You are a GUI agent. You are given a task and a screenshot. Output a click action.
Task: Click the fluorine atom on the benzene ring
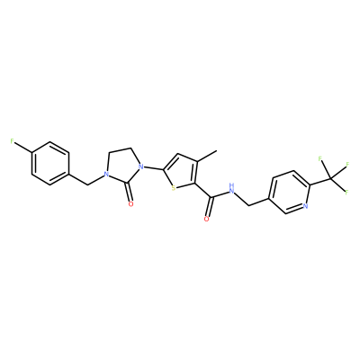pyautogui.click(x=12, y=141)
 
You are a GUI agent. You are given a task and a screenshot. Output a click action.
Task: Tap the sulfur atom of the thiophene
pyautogui.click(x=174, y=188)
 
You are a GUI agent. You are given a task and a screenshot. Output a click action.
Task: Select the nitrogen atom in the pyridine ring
pyautogui.click(x=305, y=206)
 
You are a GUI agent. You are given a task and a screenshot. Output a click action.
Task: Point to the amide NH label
pyautogui.click(x=231, y=187)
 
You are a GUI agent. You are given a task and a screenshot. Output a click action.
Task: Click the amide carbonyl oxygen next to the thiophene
pyautogui.click(x=206, y=219)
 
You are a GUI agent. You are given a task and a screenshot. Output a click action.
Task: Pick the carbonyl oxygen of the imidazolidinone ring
pyautogui.click(x=130, y=204)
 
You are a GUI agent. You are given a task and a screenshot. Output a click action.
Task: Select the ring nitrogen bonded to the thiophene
pyautogui.click(x=141, y=166)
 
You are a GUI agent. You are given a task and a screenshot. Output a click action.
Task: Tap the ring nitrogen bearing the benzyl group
pyautogui.click(x=105, y=174)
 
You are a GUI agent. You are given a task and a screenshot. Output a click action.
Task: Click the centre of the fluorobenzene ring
pyautogui.click(x=50, y=163)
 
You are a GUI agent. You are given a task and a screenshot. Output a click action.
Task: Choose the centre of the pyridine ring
pyautogui.click(x=289, y=192)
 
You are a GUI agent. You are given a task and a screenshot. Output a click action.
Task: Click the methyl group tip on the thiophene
pyautogui.click(x=217, y=151)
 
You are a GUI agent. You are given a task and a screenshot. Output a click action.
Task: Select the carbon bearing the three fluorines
pyautogui.click(x=330, y=179)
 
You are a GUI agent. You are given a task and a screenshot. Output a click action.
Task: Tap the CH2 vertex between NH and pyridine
pyautogui.click(x=249, y=205)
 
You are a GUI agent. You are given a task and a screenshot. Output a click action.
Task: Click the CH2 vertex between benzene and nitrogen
pyautogui.click(x=88, y=184)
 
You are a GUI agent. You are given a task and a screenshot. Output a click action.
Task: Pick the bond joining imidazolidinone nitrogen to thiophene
pyautogui.click(x=154, y=167)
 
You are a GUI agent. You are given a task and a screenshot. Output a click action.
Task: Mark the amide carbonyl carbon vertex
pyautogui.click(x=212, y=197)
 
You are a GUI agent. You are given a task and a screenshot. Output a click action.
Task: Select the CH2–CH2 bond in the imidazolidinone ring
pyautogui.click(x=121, y=149)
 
